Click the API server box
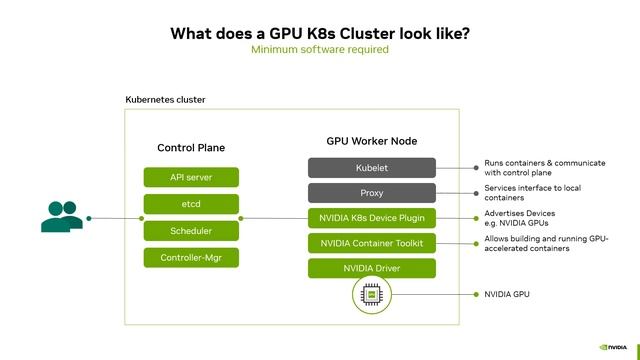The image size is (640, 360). (x=191, y=177)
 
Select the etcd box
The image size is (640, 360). (x=191, y=204)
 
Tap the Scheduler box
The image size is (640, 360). (x=191, y=231)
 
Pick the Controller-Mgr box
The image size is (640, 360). (x=191, y=258)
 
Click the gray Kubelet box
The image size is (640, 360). (x=372, y=167)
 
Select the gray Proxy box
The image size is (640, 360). (x=372, y=192)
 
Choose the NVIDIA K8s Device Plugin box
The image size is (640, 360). (x=372, y=218)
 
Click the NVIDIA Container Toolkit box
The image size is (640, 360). (x=372, y=243)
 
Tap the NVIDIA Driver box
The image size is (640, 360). (x=372, y=268)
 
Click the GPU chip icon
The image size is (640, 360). (x=372, y=296)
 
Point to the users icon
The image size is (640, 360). (x=62, y=216)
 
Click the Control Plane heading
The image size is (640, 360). (x=191, y=148)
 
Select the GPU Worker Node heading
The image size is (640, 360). (x=372, y=142)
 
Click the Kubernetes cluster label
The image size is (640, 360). (x=165, y=100)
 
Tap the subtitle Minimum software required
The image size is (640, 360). (x=320, y=49)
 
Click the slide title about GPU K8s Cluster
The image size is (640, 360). (x=320, y=32)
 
